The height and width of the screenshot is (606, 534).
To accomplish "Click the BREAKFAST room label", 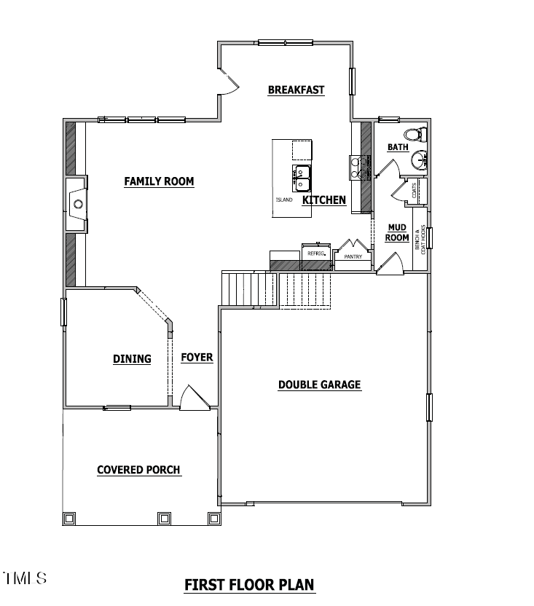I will tap(296, 90).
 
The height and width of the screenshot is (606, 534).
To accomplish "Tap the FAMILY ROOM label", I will tap(159, 181).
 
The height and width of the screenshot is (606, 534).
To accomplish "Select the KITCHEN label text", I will tap(324, 200).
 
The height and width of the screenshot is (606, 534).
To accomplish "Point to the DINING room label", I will tap(132, 358).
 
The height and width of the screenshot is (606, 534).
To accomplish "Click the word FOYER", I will tap(197, 358).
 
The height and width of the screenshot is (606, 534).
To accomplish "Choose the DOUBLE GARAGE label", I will tap(319, 385).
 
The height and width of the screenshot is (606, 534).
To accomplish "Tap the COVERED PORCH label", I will tap(138, 470).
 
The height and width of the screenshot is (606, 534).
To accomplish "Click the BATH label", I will tap(398, 147).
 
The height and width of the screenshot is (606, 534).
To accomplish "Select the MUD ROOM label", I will tap(397, 232).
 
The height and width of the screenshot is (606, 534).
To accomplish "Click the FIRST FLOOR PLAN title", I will tap(249, 584).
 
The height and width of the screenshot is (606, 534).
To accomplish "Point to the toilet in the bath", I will tap(415, 135).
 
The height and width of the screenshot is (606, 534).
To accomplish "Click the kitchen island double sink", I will tap(302, 176).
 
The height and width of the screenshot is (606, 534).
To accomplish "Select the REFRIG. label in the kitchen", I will tap(315, 253).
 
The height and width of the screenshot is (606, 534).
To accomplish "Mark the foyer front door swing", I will tap(193, 400).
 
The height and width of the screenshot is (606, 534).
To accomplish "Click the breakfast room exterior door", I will tap(228, 82).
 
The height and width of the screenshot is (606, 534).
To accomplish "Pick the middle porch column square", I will tap(164, 518).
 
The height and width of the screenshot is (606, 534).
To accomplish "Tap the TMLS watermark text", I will tap(25, 579).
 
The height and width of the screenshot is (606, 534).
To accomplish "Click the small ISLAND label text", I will tap(284, 200).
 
